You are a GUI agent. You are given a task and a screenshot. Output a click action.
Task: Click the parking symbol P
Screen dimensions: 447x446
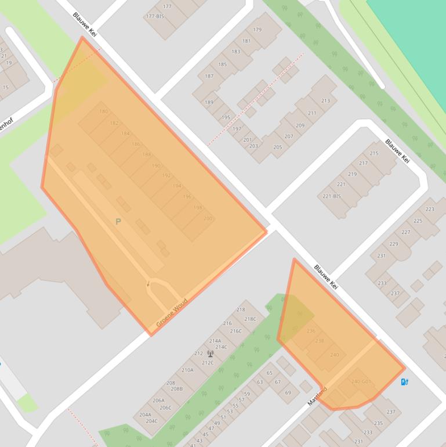[x=118, y=222]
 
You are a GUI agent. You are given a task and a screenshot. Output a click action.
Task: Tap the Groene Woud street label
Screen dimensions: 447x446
[x=172, y=313]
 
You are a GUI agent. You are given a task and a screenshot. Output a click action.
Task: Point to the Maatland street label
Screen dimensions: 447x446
[x=317, y=396]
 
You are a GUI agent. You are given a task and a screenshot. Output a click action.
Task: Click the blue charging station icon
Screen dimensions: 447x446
[x=405, y=381]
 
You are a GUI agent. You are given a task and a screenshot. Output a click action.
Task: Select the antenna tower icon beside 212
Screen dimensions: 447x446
[x=209, y=354]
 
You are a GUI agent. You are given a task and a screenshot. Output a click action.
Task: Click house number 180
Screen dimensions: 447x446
[x=103, y=111]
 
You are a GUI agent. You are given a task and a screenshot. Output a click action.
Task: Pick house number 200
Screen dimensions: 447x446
[x=208, y=218]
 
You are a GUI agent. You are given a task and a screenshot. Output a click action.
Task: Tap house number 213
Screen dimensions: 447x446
[x=325, y=100]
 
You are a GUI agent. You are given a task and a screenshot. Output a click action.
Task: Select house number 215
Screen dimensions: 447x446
[x=374, y=153]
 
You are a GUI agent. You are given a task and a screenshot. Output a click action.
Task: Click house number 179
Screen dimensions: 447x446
[x=258, y=30]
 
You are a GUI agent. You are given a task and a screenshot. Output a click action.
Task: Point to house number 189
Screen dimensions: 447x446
[x=209, y=102]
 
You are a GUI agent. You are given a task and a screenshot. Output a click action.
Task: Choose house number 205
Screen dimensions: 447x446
[x=277, y=147]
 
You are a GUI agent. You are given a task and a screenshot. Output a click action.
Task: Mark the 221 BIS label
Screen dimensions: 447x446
[x=331, y=196]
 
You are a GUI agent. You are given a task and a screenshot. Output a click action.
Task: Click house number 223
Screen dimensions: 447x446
[x=430, y=209]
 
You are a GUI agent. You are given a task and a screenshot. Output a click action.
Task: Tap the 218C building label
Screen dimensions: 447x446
[x=250, y=319]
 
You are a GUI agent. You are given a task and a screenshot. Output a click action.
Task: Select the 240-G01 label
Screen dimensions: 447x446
[x=361, y=381]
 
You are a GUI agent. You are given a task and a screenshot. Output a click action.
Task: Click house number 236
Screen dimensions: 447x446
[x=310, y=331]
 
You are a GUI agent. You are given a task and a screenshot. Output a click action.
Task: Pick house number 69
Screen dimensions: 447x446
[x=288, y=392]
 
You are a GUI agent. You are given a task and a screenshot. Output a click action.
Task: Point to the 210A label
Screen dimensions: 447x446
[x=187, y=370]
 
